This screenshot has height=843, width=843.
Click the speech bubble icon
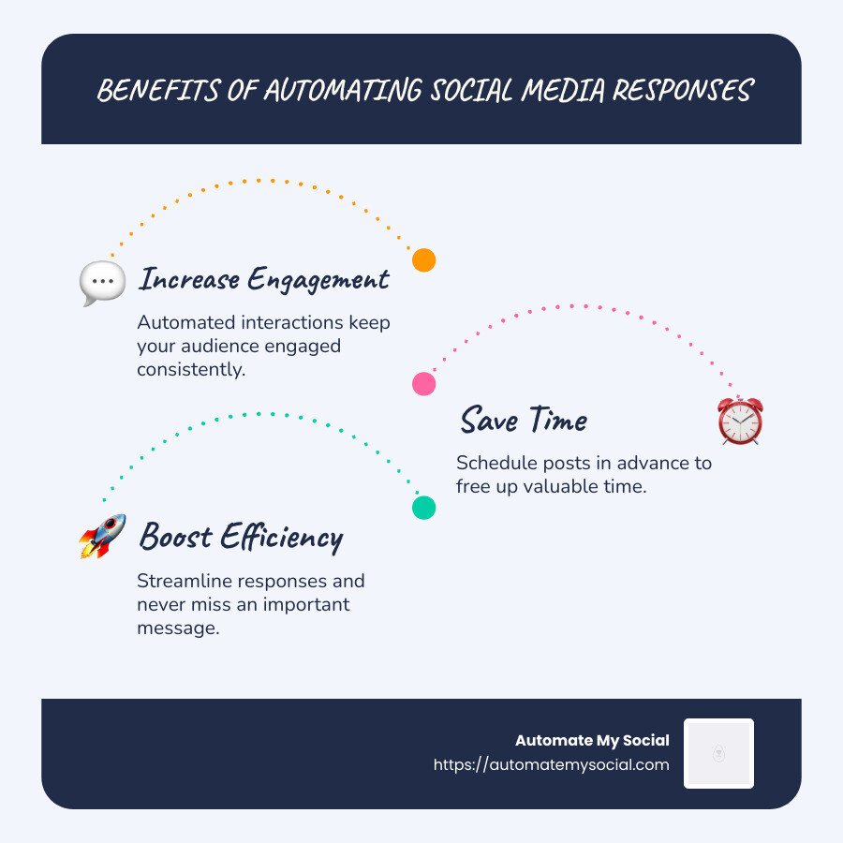(102, 281)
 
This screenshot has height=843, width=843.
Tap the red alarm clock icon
(740, 421)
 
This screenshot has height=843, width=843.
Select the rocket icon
(102, 537)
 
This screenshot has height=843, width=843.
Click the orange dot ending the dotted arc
(424, 260)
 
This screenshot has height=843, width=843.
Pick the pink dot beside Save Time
(424, 383)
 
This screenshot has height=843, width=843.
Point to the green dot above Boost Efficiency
(424, 508)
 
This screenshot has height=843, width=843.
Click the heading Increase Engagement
(263, 279)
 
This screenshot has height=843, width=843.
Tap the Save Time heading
(523, 421)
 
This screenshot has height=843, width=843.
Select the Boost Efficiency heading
(241, 538)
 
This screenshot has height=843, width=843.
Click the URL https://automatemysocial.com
(551, 764)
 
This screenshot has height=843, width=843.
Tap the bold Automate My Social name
(592, 741)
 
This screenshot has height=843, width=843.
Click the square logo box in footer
(718, 753)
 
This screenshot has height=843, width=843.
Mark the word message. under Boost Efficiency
(178, 628)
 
